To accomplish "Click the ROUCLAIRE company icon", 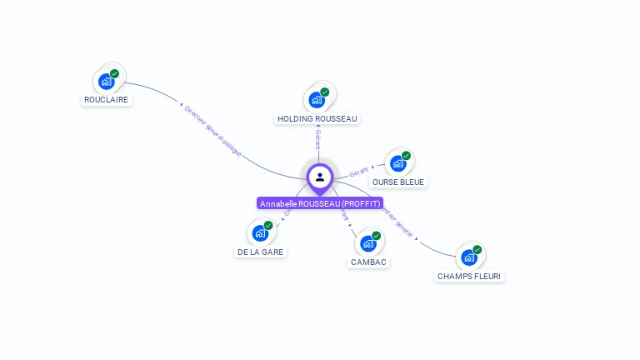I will pyautogui.click(x=106, y=81).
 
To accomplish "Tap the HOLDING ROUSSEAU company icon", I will pyautogui.click(x=316, y=100).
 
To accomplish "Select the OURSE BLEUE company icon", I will pyautogui.click(x=397, y=163).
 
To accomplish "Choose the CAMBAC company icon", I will pyautogui.click(x=367, y=243).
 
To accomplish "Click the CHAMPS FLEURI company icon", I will pyautogui.click(x=468, y=257).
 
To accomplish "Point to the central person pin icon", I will pyautogui.click(x=320, y=177).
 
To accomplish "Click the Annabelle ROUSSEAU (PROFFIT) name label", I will pyautogui.click(x=320, y=204).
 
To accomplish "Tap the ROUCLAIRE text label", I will pyautogui.click(x=107, y=99).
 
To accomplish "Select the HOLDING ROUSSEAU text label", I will pyautogui.click(x=317, y=118).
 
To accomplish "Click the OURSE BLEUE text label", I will pyautogui.click(x=398, y=182).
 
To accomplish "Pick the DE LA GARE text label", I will pyautogui.click(x=260, y=252).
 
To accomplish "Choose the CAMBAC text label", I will pyautogui.click(x=368, y=262).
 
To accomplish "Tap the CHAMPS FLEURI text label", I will pyautogui.click(x=470, y=276).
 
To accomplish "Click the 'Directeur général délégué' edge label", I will pyautogui.click(x=212, y=131).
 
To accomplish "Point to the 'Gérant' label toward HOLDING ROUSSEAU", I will pyautogui.click(x=317, y=140).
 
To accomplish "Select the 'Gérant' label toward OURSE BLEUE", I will pyautogui.click(x=359, y=171).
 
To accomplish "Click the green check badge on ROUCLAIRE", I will pyautogui.click(x=114, y=73).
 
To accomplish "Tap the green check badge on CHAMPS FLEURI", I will pyautogui.click(x=477, y=249).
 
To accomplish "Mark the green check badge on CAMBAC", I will pyautogui.click(x=376, y=236).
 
